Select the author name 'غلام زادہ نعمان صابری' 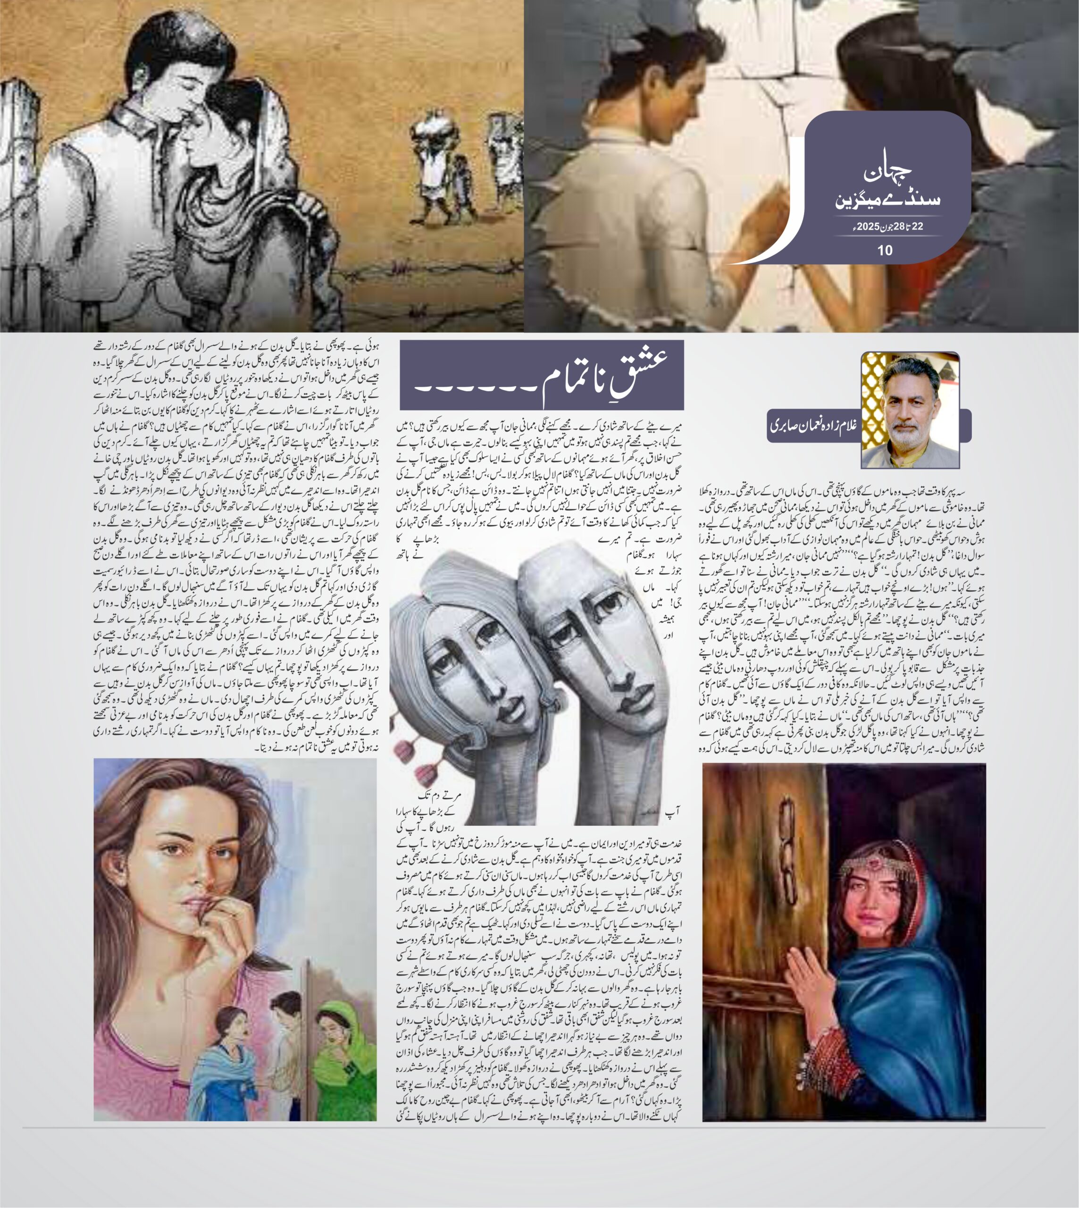pyautogui.click(x=813, y=426)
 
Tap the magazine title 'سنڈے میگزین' pyautogui.click(x=887, y=199)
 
